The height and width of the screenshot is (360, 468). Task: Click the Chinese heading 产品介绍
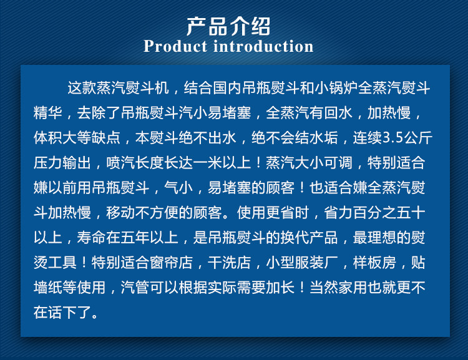coord(228,27)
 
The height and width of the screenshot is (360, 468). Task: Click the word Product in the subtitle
coord(175,47)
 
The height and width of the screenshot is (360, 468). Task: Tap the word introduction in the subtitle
coord(263,47)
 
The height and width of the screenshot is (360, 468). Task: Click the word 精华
coord(48,113)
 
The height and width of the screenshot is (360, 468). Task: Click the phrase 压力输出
coord(62,163)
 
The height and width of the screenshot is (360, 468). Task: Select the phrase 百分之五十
coord(389,213)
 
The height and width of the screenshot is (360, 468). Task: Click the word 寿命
coord(91,238)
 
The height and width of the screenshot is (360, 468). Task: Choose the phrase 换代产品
coord(310,238)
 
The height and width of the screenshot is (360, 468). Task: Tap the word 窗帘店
coord(171,263)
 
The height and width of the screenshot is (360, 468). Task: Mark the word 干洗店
coord(229,263)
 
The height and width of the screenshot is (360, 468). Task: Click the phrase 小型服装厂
coord(302,263)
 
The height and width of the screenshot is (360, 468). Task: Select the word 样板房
coord(374,263)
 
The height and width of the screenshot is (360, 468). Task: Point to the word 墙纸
coord(48,288)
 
